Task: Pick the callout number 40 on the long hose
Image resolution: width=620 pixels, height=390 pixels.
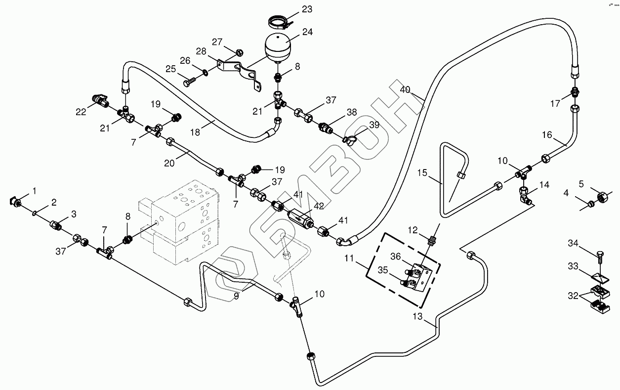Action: point(405,90)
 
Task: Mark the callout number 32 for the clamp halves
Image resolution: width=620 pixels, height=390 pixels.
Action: point(572,296)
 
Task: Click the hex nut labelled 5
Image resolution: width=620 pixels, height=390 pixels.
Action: point(604,197)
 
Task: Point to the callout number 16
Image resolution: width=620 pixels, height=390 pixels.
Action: point(546,134)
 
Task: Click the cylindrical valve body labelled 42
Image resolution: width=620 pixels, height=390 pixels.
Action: point(300,217)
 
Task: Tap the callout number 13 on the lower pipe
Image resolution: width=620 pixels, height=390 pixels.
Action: point(418,317)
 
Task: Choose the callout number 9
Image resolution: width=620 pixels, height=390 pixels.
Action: point(236,297)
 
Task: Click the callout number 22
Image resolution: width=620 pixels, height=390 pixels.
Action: point(81,112)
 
